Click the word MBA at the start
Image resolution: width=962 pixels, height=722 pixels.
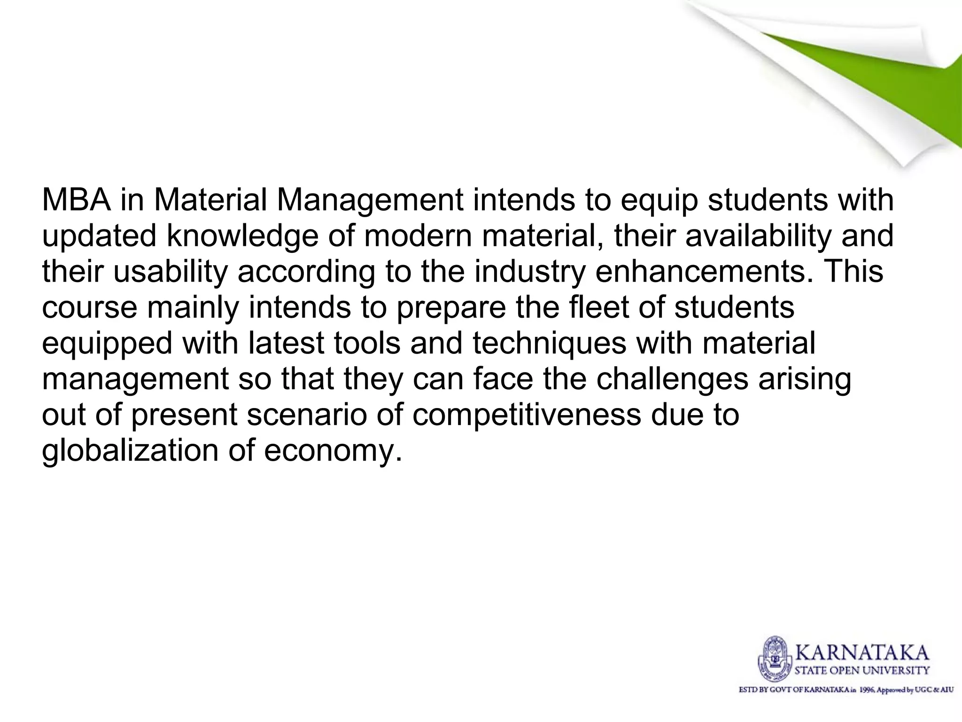77,200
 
